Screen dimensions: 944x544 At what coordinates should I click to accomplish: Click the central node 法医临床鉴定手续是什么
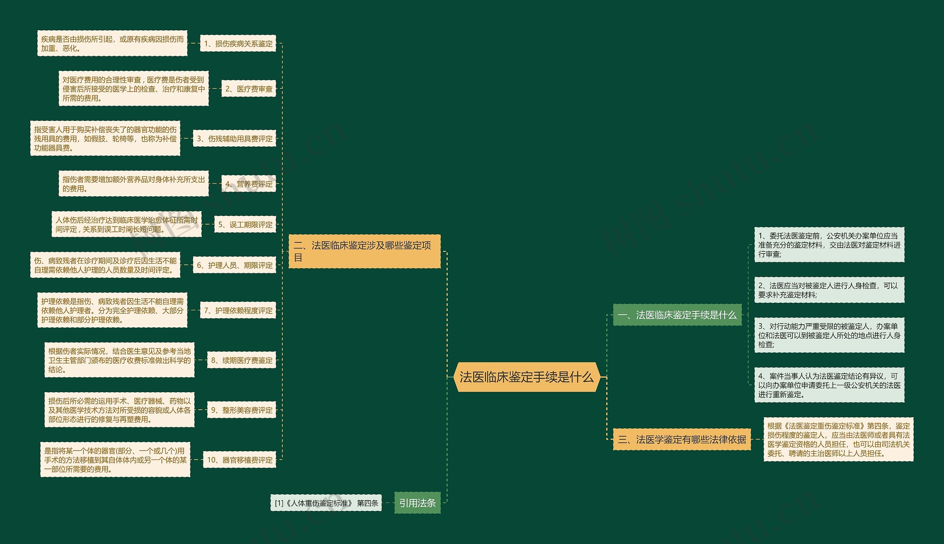(526, 377)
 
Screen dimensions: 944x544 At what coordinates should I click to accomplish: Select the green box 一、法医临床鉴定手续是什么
(677, 315)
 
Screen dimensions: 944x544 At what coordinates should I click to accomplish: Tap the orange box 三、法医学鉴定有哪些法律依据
(682, 439)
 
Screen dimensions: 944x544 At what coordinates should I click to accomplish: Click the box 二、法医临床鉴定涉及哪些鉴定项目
(364, 251)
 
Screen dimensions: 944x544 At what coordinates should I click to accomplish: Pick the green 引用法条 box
(417, 503)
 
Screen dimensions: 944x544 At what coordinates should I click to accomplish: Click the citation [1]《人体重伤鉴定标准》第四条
(326, 503)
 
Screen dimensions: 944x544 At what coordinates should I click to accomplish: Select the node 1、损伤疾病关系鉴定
(238, 44)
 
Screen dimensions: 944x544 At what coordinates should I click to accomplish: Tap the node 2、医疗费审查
(249, 89)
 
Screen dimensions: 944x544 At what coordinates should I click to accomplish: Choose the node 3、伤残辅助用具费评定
(234, 139)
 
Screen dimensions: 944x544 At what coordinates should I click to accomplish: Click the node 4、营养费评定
(249, 184)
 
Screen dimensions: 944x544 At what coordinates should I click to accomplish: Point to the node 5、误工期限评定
(245, 224)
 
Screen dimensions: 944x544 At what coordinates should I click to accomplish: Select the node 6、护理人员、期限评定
(234, 265)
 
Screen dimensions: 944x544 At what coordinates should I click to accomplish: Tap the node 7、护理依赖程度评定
(238, 310)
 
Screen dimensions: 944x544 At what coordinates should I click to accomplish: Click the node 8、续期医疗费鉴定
(242, 360)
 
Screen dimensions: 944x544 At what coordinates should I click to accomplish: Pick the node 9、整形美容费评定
(242, 410)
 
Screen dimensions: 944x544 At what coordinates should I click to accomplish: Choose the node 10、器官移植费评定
(240, 460)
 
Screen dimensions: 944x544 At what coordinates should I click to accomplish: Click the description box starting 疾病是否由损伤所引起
(112, 44)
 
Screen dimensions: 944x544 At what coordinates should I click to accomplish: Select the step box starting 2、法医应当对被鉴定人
(829, 290)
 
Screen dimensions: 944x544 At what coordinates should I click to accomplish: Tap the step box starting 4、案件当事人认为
(829, 385)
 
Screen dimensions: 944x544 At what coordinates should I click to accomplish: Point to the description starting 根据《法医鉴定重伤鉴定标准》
(838, 439)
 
